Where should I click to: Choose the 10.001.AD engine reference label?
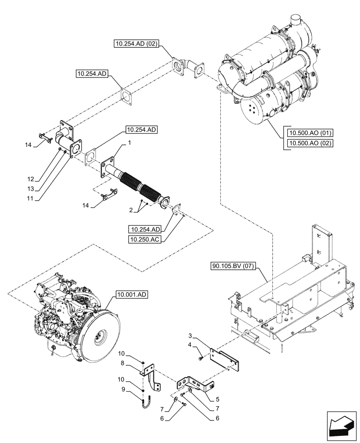point(133,294)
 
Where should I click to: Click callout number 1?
point(129,144)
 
